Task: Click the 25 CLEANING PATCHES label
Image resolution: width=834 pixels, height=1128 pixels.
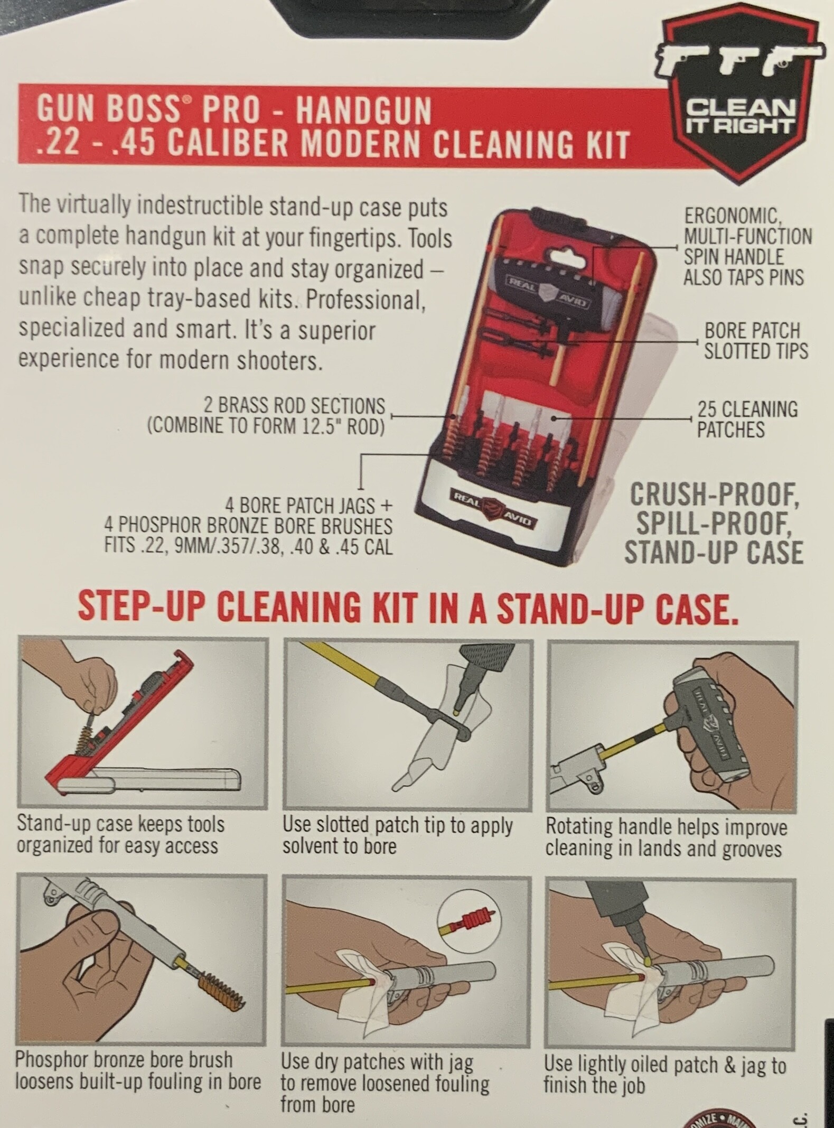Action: tap(747, 419)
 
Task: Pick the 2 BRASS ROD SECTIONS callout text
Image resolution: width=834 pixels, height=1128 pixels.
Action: tap(266, 416)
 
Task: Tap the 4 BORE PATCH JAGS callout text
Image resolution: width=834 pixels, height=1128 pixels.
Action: tap(248, 527)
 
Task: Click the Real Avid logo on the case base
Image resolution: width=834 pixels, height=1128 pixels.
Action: tap(492, 508)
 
